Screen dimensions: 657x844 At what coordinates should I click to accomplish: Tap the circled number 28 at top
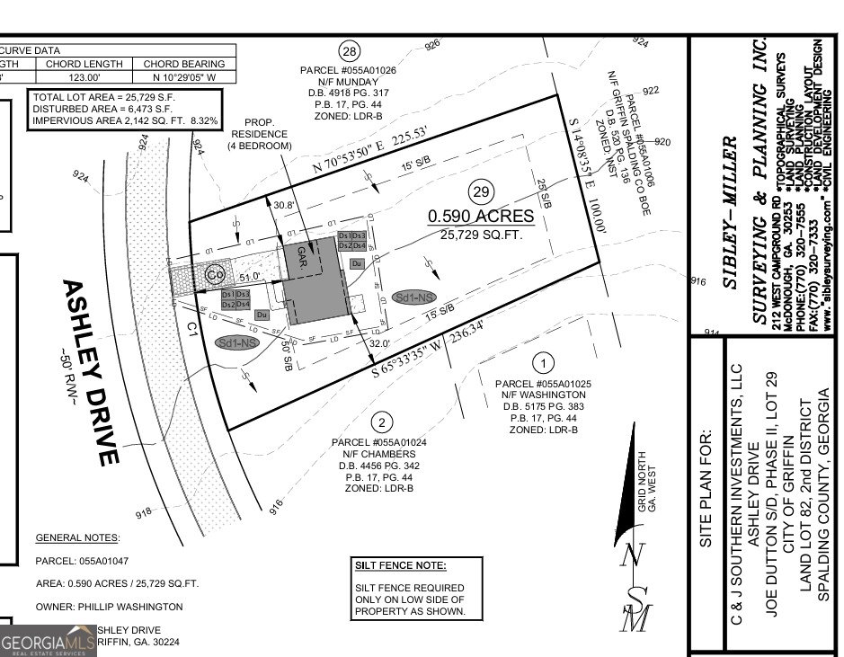point(349,50)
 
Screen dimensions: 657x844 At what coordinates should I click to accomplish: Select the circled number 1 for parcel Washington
point(542,364)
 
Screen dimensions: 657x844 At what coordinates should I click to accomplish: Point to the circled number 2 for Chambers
point(382,422)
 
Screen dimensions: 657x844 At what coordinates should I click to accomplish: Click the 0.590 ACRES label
point(481,217)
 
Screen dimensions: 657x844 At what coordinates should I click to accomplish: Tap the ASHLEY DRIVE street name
point(89,370)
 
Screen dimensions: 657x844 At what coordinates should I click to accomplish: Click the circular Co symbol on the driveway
point(215,274)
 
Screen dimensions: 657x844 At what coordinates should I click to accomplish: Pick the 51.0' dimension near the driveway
point(249,277)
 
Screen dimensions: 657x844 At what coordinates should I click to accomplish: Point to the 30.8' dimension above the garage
point(284,205)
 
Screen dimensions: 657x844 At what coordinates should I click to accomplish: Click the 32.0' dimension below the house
point(378,342)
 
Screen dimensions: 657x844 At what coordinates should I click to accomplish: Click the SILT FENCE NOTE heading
point(400,565)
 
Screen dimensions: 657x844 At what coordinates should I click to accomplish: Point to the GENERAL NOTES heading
point(76,537)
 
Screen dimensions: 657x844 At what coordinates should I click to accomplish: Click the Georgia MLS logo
point(48,642)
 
